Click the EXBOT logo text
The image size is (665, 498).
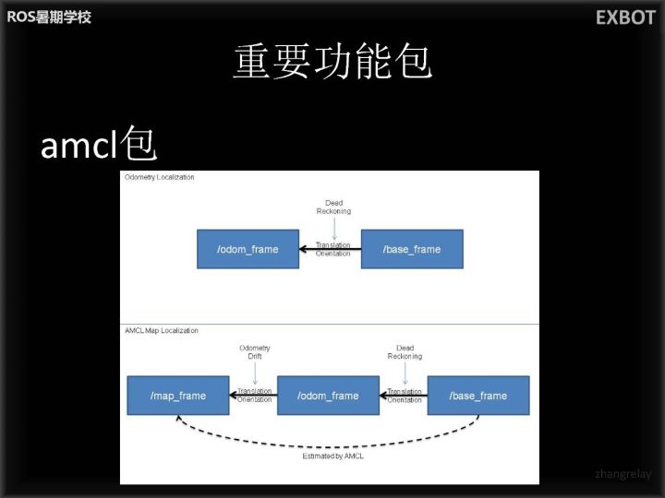(x=624, y=18)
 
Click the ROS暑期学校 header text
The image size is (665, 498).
(x=49, y=17)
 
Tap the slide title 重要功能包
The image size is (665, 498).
(x=332, y=63)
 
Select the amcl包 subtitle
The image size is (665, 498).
(x=98, y=145)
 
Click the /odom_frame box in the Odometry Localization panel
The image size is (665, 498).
(x=248, y=249)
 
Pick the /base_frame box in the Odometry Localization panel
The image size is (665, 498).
(x=412, y=249)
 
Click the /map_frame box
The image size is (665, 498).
(x=178, y=396)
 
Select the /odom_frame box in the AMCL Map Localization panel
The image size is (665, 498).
(x=328, y=396)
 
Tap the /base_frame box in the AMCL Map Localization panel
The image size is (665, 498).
(x=478, y=396)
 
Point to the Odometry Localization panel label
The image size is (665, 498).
(x=160, y=177)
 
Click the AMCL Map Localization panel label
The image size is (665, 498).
(x=162, y=330)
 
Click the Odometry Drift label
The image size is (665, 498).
(x=255, y=351)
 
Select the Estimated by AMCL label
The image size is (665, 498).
(x=329, y=456)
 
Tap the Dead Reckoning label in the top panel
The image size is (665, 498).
(x=333, y=207)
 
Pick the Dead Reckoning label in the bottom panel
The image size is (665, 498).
(x=405, y=351)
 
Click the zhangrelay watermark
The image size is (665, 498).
(x=623, y=474)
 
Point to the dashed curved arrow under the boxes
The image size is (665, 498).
(x=329, y=440)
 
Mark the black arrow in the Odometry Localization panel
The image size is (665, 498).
(x=330, y=249)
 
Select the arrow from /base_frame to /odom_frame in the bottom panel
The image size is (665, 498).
(x=404, y=396)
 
